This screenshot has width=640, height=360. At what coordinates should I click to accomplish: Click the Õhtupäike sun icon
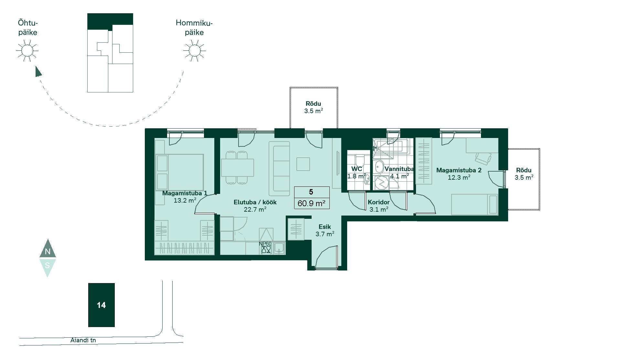(27, 50)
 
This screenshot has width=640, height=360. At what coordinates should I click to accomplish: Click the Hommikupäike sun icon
(194, 50)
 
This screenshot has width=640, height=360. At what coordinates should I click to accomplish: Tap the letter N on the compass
(48, 251)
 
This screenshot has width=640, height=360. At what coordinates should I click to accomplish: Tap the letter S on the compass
(48, 265)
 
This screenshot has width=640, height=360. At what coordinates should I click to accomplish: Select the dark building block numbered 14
(101, 305)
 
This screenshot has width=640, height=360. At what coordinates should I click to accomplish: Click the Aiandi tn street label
(83, 340)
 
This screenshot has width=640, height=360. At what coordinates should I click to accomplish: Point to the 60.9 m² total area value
(311, 203)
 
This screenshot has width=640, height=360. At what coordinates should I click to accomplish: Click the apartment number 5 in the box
(311, 192)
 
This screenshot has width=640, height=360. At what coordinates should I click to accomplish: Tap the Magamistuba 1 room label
(185, 193)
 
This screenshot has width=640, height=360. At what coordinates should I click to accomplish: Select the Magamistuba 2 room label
(459, 170)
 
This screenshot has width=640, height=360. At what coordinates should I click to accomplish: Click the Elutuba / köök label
(255, 202)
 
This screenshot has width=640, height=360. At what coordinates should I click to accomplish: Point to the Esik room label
(325, 227)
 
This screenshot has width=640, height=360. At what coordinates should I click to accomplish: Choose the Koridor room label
(379, 202)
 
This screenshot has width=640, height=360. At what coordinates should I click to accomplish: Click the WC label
(357, 169)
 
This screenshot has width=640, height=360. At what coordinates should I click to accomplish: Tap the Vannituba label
(399, 169)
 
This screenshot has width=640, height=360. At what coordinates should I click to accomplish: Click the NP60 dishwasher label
(265, 244)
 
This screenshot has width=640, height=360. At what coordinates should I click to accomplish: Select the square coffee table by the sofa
(303, 164)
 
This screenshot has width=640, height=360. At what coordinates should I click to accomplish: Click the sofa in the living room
(279, 168)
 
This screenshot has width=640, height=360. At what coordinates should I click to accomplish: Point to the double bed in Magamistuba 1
(180, 172)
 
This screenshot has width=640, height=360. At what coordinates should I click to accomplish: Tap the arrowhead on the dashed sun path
(38, 71)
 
